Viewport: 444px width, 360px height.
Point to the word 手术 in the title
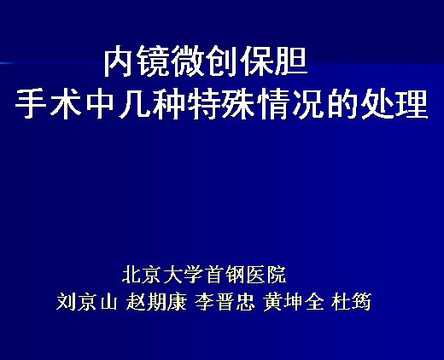click(x=48, y=103)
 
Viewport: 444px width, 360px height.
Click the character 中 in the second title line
click(x=100, y=103)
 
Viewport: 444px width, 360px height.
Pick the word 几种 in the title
click(x=152, y=103)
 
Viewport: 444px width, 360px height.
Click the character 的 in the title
click(x=342, y=103)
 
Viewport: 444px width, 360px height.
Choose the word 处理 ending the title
click(x=394, y=103)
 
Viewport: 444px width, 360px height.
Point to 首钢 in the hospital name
click(x=225, y=275)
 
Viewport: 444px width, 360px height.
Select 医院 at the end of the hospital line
click(x=266, y=275)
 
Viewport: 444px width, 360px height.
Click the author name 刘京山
click(x=87, y=301)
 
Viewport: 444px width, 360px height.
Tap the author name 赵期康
click(x=157, y=301)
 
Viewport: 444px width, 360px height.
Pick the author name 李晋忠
click(x=225, y=301)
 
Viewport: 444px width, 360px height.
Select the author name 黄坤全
click(x=294, y=301)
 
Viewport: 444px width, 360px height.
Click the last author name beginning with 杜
click(x=352, y=301)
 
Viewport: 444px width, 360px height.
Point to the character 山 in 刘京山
click(x=108, y=302)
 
